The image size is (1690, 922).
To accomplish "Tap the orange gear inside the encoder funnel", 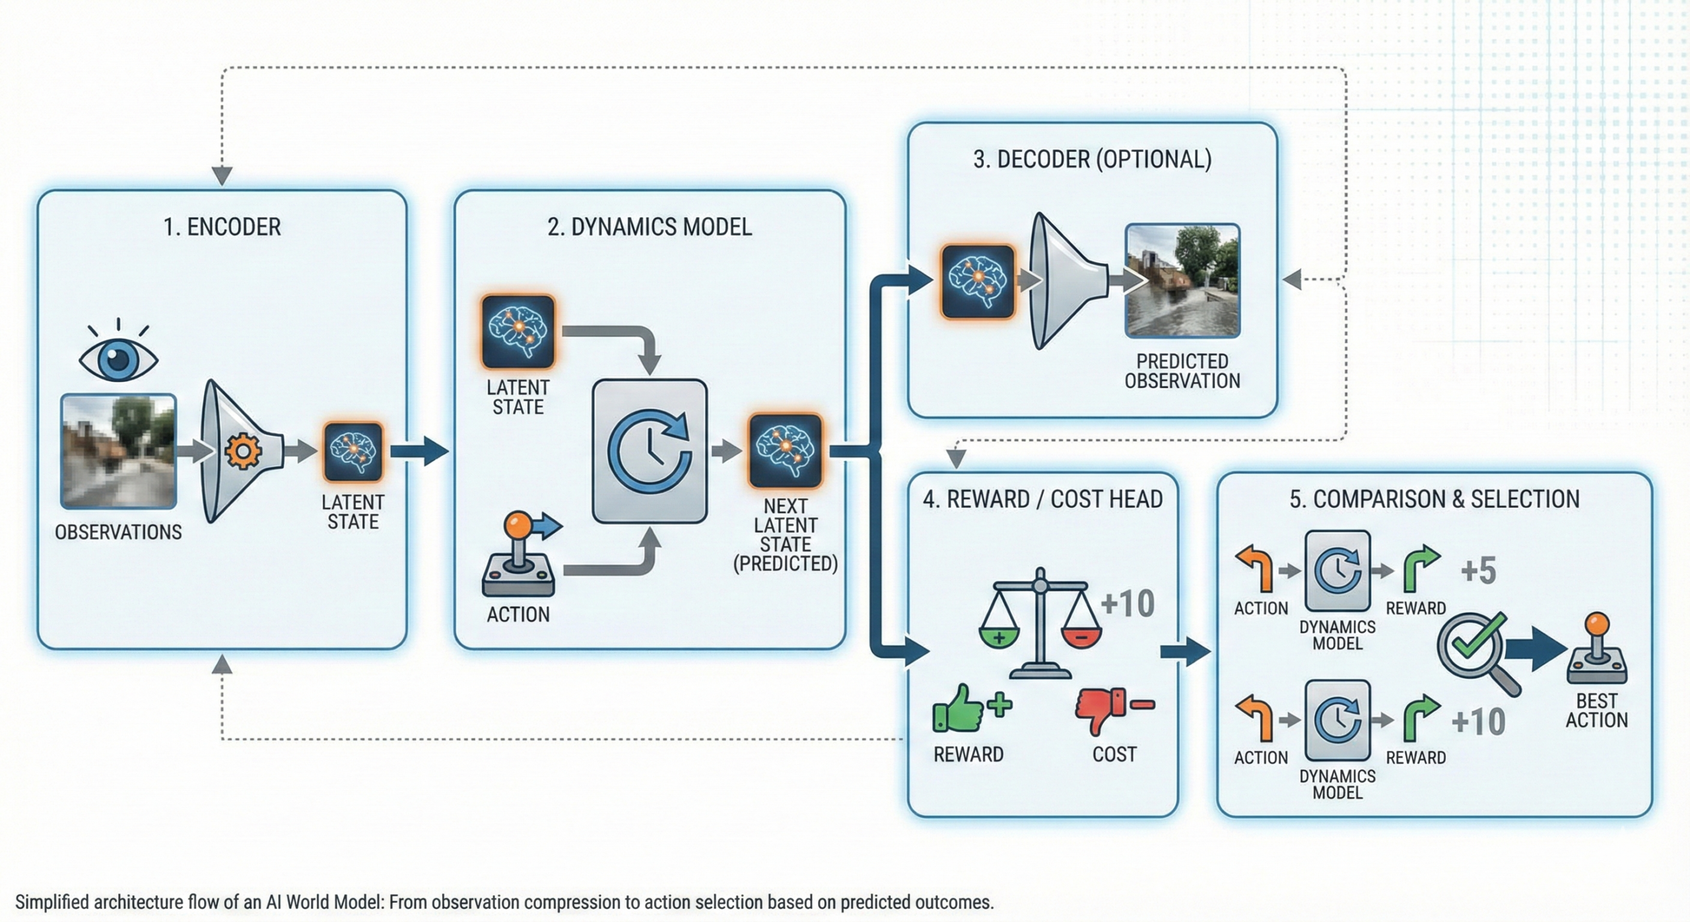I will coord(243,451).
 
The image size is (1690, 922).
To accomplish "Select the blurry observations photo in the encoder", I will coord(119,451).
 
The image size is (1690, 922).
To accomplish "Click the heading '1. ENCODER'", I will coord(222,227).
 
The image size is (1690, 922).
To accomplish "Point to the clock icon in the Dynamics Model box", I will coord(650,451).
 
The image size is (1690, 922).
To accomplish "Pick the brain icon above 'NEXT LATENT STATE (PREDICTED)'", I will coord(785,450).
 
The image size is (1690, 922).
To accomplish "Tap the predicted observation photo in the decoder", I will coord(1182,281).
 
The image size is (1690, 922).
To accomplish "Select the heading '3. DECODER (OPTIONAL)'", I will coord(1092,160).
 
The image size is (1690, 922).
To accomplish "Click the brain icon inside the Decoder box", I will coord(978,282).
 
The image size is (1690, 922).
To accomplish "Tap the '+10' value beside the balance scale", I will coord(1128,604).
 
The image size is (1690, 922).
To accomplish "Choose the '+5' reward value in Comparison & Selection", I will coord(1478,571).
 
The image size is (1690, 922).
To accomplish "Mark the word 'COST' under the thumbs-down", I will coord(1114,754).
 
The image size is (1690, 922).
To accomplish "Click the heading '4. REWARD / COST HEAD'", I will coord(1042,499).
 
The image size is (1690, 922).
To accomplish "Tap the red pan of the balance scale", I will coord(1081,637).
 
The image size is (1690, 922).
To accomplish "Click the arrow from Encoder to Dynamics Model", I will coord(419,451).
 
